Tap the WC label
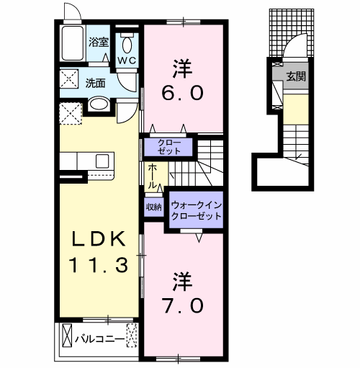tap(127, 60)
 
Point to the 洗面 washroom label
tap(96, 82)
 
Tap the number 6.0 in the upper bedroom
tap(181, 94)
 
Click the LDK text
tap(100, 238)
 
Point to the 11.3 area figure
tap(100, 265)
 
